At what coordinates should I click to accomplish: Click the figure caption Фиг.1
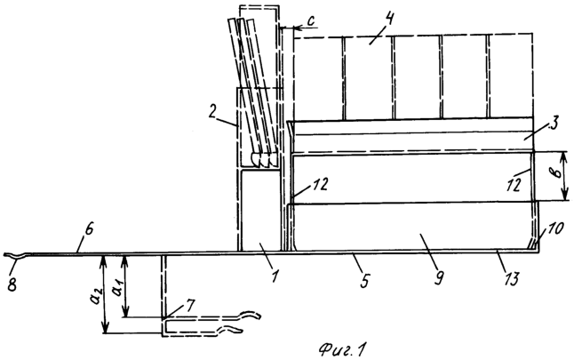[x=342, y=349]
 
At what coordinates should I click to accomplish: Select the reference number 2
[x=212, y=112]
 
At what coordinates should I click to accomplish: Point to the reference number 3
[x=553, y=124]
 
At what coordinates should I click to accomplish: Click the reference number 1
[x=275, y=275]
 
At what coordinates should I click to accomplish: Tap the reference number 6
[x=90, y=230]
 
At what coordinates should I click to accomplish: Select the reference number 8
[x=12, y=284]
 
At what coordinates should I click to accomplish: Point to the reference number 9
[x=439, y=277]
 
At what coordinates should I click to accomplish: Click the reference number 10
[x=556, y=231]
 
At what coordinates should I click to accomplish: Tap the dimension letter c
[x=310, y=21]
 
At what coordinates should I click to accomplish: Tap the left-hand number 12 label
[x=317, y=185]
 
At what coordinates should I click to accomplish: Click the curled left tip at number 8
[x=4, y=254]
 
